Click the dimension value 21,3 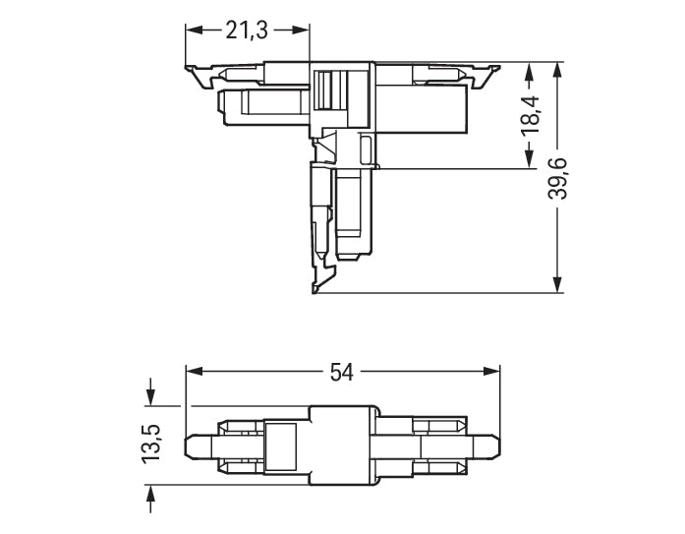pyautogui.click(x=247, y=30)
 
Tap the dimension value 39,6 pyautogui.click(x=559, y=178)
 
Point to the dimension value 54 pyautogui.click(x=341, y=372)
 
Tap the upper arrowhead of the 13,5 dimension pyautogui.click(x=150, y=396)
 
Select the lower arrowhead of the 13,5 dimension pyautogui.click(x=150, y=493)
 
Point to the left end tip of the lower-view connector pyautogui.click(x=191, y=445)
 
